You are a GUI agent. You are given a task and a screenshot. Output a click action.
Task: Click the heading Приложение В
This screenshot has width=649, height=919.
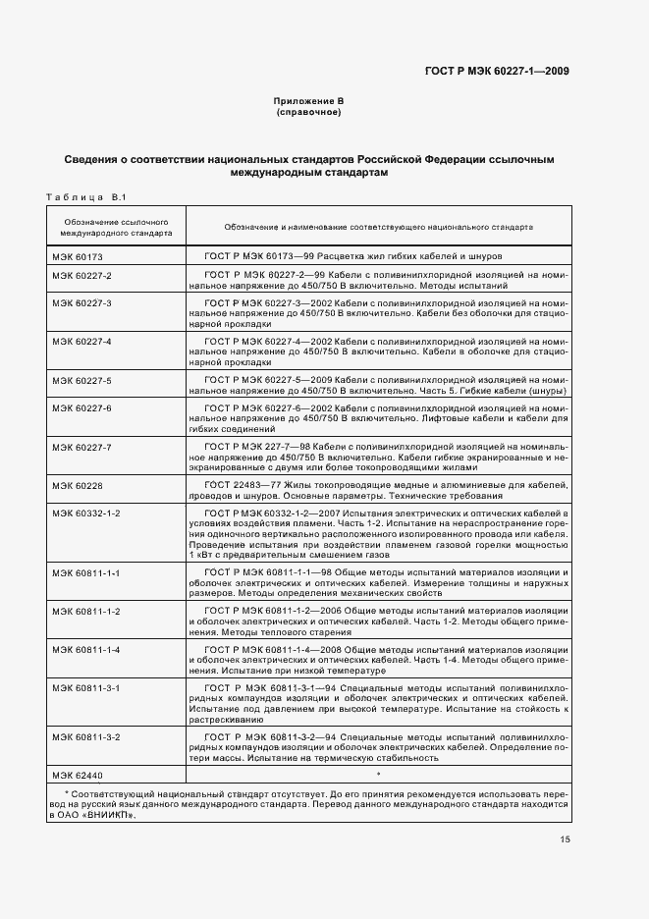click(308, 101)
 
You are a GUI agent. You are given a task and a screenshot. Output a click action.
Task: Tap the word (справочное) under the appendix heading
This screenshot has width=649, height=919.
click(309, 112)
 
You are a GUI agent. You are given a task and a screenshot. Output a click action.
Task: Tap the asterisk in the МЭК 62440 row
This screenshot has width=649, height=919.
click(377, 776)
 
